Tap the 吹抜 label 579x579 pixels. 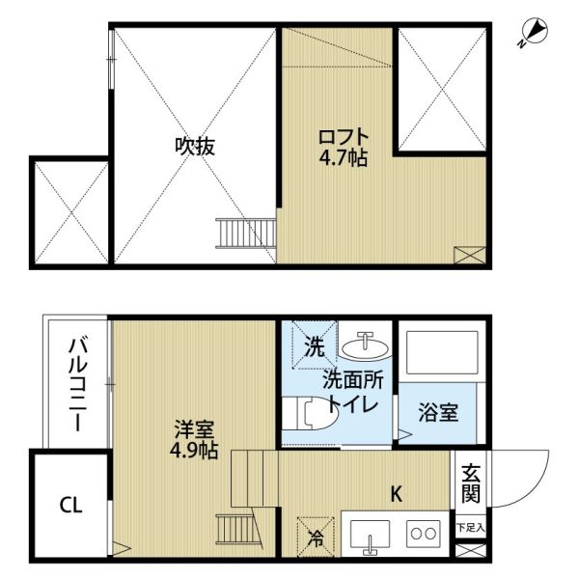(x=194, y=147)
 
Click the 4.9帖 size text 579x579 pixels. (x=194, y=450)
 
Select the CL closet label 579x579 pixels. (x=69, y=505)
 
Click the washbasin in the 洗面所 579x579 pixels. (x=366, y=345)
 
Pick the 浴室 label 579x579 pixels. (x=438, y=412)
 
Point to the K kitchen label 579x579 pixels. (x=396, y=494)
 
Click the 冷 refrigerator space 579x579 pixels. (x=315, y=537)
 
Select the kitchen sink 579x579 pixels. (x=368, y=538)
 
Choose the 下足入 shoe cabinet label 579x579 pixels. (x=471, y=528)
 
